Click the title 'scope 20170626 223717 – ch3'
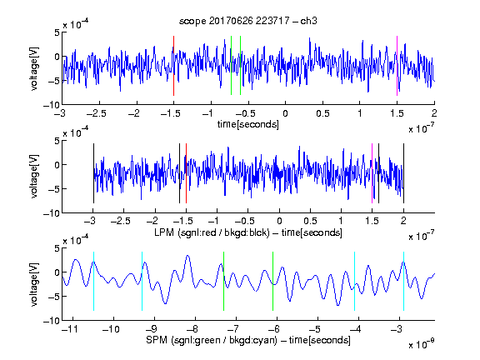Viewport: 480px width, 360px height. pos(248,21)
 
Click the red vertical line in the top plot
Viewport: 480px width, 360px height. pos(173,66)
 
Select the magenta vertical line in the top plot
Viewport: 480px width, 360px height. pos(397,66)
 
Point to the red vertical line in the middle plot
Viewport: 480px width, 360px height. pos(186,173)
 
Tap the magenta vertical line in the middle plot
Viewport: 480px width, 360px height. pos(372,173)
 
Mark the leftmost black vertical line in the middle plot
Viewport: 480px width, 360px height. pos(93,173)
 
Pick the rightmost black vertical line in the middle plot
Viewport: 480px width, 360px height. pos(403,173)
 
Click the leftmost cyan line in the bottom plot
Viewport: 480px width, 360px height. pos(93,281)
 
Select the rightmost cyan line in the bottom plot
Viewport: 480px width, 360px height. pos(403,281)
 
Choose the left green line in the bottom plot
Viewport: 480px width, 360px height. pos(224,281)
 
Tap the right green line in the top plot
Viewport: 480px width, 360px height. pos(240,66)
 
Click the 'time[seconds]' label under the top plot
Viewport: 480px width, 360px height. pos(248,124)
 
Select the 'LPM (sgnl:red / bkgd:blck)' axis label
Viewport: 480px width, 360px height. pos(212,232)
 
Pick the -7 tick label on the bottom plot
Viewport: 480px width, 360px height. pos(233,329)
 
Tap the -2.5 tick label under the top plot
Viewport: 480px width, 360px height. pos(97,113)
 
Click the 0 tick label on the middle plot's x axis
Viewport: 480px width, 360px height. pos(279,221)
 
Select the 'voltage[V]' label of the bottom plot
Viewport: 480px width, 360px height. pos(34,284)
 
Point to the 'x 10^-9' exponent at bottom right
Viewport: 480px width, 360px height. pos(422,344)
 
